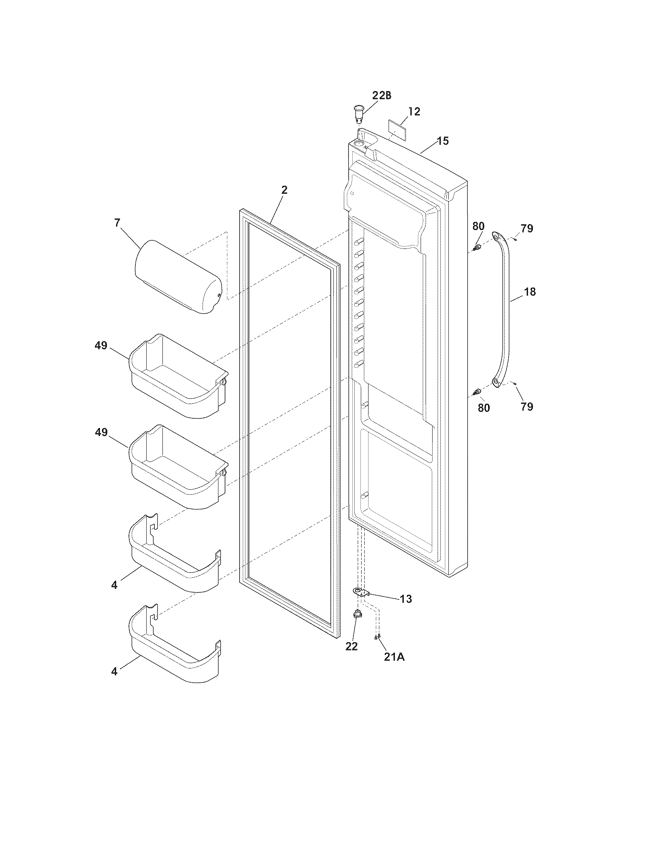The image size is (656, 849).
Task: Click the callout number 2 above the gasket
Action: click(x=284, y=190)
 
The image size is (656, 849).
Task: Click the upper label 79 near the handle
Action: click(x=527, y=228)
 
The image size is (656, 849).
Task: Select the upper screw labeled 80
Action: click(x=477, y=247)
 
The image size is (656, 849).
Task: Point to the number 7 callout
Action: click(x=117, y=223)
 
